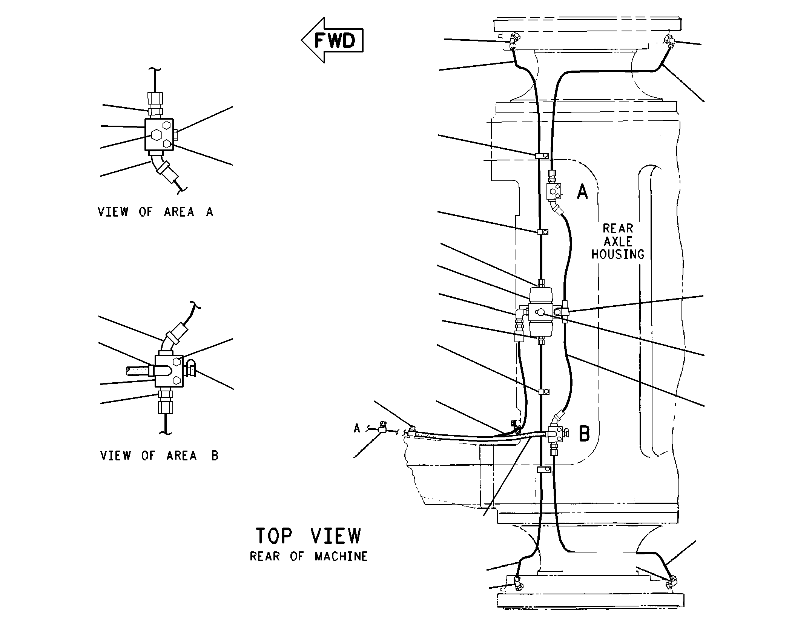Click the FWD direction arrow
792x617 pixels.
pos(332,40)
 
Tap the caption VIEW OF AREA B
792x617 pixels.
pos(159,455)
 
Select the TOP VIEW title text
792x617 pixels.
pos(308,535)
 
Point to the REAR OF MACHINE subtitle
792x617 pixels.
pos(309,557)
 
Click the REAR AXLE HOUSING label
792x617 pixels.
pos(618,241)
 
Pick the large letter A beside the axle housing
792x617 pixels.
pos(582,191)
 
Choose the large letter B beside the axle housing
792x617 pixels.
pos(584,434)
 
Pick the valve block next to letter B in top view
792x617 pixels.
pos(555,434)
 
